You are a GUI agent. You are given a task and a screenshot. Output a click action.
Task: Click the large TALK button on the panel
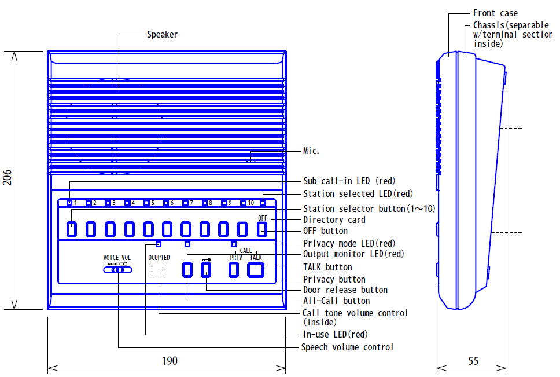256,270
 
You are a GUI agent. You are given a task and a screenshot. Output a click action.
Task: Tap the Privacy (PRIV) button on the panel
234,270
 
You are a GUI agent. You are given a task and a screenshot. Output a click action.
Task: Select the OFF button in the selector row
262,229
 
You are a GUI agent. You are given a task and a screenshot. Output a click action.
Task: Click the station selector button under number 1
72,229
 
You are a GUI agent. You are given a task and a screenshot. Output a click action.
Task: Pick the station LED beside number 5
146,203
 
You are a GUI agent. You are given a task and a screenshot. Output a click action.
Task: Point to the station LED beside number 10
243,203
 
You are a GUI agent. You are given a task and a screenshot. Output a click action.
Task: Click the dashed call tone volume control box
158,268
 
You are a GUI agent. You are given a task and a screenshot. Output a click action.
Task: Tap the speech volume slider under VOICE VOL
117,270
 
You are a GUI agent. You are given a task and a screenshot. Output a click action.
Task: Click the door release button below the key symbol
206,270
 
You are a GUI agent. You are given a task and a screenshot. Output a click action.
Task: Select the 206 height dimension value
8,177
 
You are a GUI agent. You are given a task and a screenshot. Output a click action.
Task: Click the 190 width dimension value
170,361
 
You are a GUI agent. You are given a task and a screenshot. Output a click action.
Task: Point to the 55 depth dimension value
473,361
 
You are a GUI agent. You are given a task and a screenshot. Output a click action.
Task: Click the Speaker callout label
163,35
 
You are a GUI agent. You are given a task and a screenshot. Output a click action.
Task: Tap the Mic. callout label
311,151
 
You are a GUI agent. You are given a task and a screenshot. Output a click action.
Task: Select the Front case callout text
495,13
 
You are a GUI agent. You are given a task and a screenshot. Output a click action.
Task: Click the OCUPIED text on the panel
159,257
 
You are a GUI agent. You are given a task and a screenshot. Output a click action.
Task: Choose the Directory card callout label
334,219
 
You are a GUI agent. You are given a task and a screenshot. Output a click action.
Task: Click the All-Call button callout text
337,301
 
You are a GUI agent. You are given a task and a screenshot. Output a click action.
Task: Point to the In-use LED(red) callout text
336,335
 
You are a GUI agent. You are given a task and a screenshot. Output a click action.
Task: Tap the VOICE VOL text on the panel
117,258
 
